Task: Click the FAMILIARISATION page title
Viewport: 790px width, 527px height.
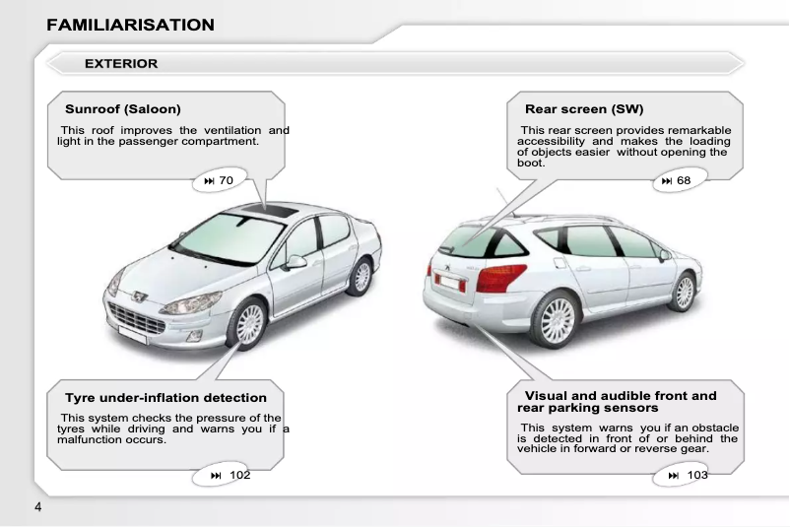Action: tap(130, 25)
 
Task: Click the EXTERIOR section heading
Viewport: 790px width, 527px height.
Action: tap(121, 64)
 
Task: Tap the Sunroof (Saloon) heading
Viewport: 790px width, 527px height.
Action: tap(123, 108)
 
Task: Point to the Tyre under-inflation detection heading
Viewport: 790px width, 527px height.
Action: tap(165, 398)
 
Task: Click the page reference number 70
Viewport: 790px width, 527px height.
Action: tap(226, 181)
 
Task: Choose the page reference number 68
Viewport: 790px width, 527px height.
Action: tap(684, 181)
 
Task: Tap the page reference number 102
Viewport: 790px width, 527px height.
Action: tap(239, 476)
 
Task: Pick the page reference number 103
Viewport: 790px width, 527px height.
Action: tap(697, 476)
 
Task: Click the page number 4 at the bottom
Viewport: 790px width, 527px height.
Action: tap(37, 507)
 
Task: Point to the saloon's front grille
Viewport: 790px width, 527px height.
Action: tap(137, 319)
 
